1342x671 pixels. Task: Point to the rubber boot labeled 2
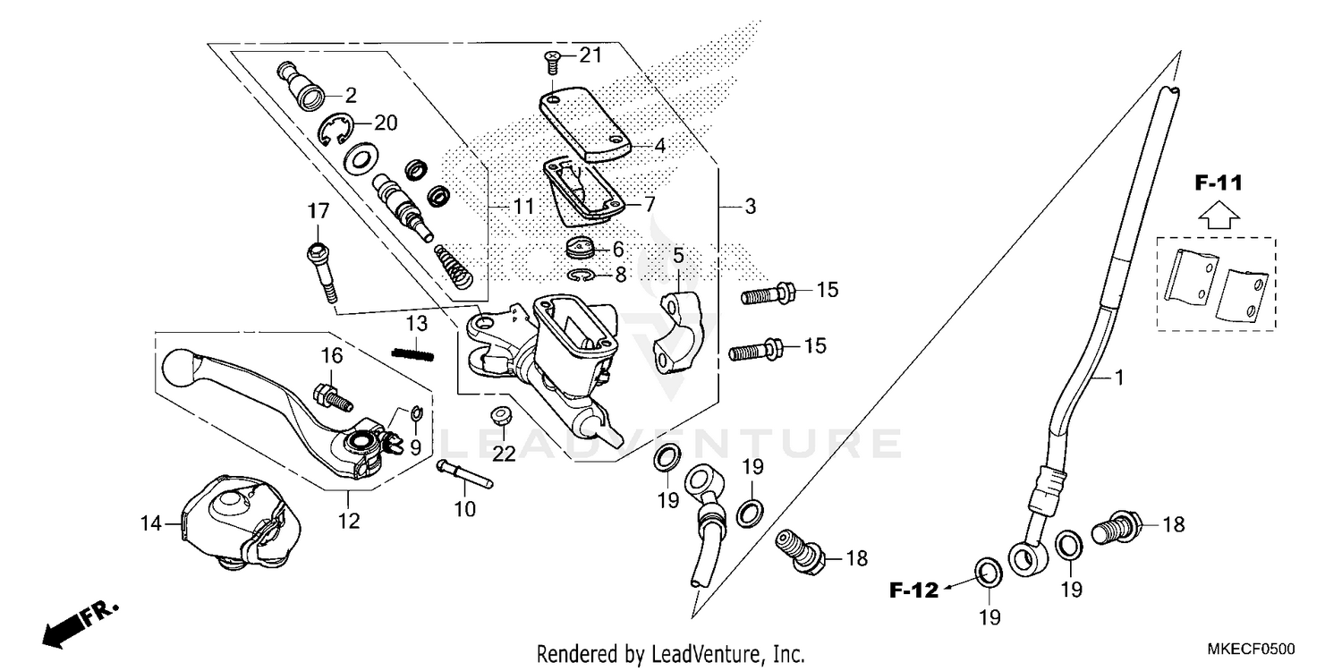click(304, 87)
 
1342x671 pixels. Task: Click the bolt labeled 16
click(330, 395)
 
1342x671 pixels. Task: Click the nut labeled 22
click(503, 418)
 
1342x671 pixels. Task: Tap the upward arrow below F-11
click(1218, 215)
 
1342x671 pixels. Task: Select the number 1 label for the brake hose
click(1117, 378)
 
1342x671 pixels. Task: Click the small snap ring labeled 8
click(582, 275)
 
